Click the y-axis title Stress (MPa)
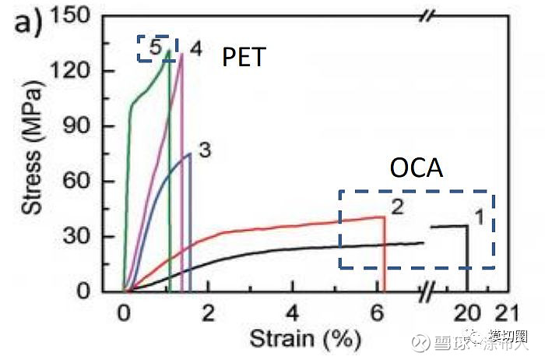pos(31,154)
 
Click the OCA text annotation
pos(416,168)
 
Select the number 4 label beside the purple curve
pos(195,49)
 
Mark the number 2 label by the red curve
pos(396,207)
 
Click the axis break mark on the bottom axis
pos(427,292)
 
